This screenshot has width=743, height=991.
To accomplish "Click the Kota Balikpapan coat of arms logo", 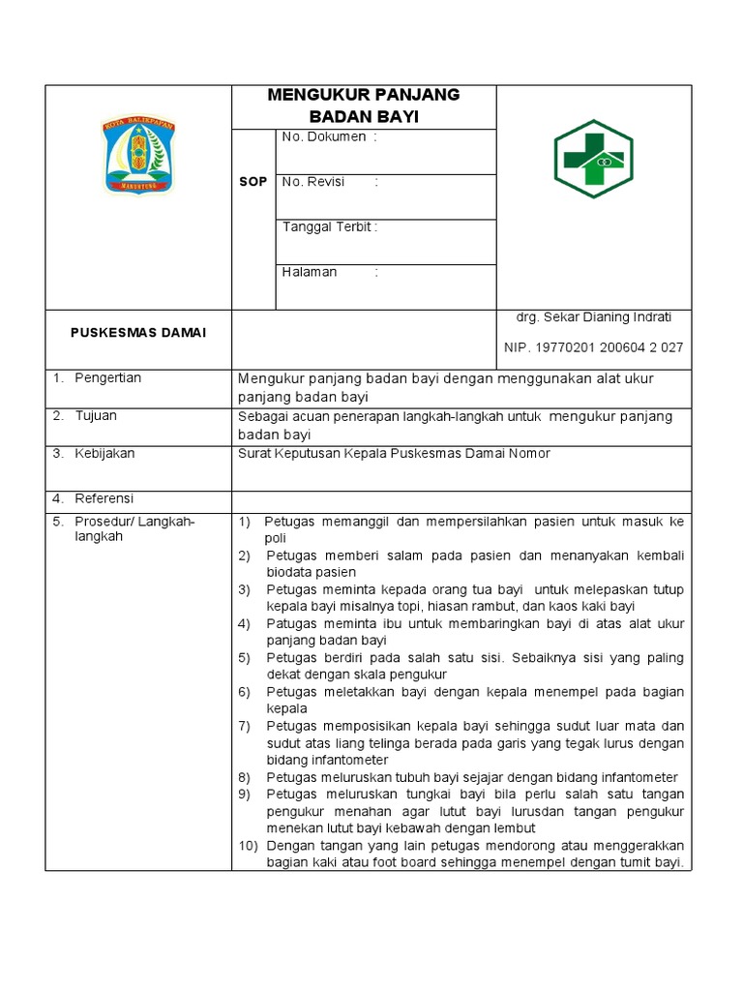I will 138,156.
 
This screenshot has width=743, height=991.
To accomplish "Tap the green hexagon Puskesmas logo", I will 592,159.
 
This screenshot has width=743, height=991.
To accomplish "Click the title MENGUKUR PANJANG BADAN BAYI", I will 363,105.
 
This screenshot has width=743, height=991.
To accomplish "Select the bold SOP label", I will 253,182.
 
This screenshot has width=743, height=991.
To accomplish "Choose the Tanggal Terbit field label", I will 329,227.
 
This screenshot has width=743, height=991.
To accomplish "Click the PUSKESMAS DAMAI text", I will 138,333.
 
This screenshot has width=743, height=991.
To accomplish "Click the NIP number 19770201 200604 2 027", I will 593,347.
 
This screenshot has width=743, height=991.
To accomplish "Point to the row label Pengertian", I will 107,377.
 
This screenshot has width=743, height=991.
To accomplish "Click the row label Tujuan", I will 96,415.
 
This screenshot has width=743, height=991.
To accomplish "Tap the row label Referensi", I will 104,498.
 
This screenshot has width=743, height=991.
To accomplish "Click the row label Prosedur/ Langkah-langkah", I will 134,529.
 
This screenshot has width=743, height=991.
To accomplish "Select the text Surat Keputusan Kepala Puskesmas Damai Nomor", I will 394,453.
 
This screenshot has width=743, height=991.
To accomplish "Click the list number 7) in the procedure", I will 245,726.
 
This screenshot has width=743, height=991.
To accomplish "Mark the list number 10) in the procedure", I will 248,846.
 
